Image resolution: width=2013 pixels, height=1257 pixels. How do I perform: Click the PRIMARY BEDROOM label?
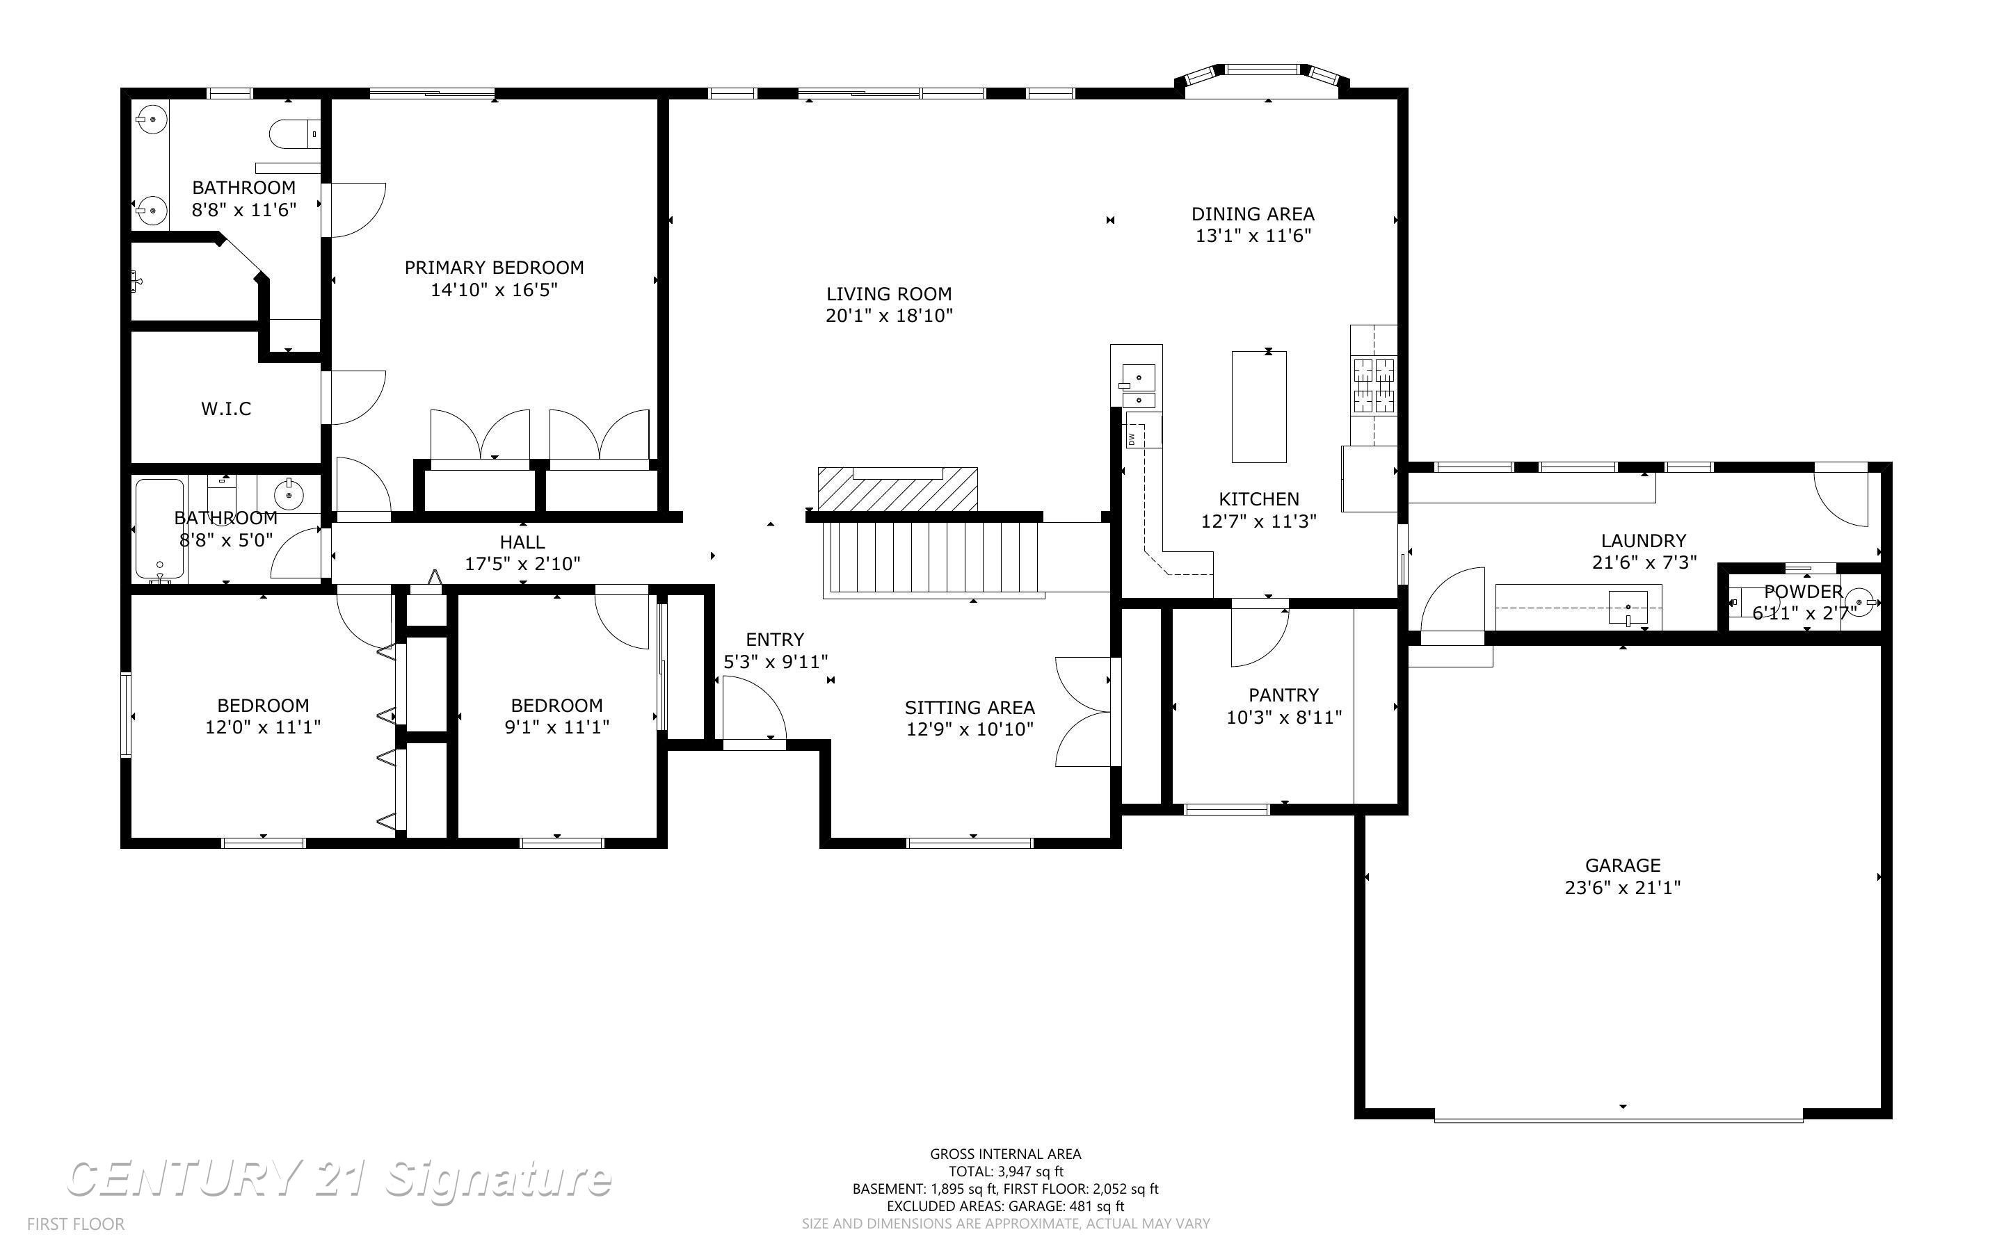pos(494,268)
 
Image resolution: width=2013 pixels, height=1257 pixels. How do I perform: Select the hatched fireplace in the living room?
pos(897,489)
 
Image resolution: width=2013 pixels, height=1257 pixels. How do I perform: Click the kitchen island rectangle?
pos(1259,407)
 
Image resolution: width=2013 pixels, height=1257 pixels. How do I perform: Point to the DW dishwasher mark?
pos(1132,438)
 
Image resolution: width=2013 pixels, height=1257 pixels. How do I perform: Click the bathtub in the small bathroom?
pos(160,529)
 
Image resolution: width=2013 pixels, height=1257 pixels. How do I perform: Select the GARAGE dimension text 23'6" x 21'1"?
pos(1622,887)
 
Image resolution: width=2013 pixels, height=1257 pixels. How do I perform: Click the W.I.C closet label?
pos(226,408)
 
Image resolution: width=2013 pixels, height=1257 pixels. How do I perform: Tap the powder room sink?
pos(1866,599)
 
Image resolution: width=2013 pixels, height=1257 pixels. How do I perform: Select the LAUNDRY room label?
pos(1644,540)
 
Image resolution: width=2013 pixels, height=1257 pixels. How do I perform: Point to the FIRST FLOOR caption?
pos(76,1224)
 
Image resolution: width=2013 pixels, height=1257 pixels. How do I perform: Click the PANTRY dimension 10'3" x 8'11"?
pos(1284,717)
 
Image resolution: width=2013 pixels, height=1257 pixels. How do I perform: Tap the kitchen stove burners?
pos(1374,385)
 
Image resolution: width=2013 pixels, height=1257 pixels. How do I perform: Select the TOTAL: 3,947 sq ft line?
pos(1006,1171)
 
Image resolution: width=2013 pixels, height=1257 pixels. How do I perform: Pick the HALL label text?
pos(522,542)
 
